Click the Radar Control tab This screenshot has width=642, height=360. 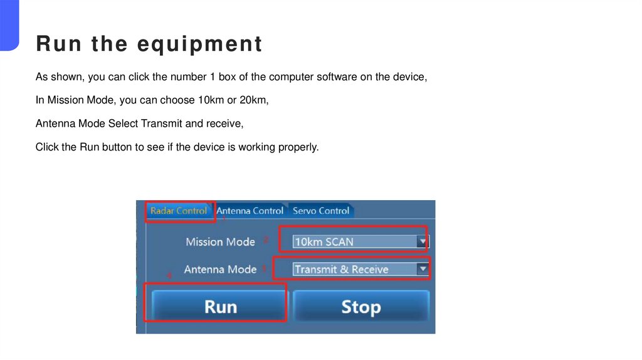coord(179,211)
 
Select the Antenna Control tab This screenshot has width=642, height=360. coord(250,211)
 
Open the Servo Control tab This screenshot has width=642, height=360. coord(321,211)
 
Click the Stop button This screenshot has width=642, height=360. coord(360,307)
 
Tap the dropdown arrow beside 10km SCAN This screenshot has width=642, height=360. coord(423,241)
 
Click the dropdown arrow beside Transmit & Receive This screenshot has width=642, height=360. coord(423,269)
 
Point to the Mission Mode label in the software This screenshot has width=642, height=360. coord(220,241)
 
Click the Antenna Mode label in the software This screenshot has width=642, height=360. coord(220,269)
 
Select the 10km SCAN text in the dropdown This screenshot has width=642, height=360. coord(324,241)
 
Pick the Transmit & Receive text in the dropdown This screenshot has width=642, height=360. coord(342,269)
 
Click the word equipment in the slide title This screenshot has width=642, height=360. coord(199,45)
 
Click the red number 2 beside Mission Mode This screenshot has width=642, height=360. coord(266,240)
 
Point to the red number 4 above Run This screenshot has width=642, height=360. coord(168,275)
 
